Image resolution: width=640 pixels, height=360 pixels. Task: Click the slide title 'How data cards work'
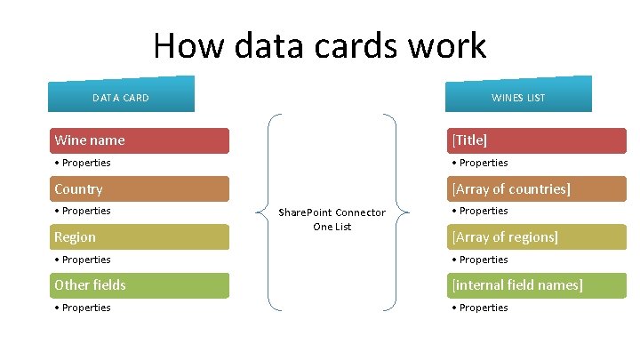coord(320,46)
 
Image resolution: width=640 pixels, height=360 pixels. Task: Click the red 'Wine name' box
coord(138,140)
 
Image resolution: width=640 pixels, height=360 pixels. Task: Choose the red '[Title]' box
coord(536,140)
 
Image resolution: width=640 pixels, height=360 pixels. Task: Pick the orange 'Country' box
coord(138,188)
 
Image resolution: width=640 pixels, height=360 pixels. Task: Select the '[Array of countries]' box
coord(536,188)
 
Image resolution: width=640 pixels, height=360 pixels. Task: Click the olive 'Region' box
coord(138,236)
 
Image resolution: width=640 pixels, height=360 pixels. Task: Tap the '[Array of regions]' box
coord(536,236)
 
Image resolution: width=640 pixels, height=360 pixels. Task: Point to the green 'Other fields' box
coord(138,284)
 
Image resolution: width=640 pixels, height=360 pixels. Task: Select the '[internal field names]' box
coord(536,284)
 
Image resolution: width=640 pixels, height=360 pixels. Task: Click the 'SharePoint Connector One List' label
coord(332,219)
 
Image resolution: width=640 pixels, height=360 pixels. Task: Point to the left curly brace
coord(266,212)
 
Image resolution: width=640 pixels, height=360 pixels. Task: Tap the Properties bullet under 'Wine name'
coord(83,163)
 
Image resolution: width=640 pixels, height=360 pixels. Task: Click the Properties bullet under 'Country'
coord(83,211)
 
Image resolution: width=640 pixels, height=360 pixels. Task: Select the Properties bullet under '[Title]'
coord(480,163)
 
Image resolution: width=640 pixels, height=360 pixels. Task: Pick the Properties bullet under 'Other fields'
coord(83,308)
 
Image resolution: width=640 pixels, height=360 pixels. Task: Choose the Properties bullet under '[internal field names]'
coord(480,308)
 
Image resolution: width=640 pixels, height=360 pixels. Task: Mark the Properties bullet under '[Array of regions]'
coord(480,260)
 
